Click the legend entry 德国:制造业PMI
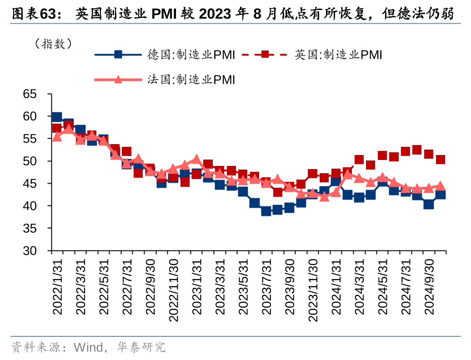tap(191, 55)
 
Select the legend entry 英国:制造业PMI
tap(338, 55)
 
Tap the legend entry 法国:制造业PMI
tap(191, 80)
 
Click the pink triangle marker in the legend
tap(118, 80)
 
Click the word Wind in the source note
tap(88, 348)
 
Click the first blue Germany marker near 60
tap(57, 117)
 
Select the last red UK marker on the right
tap(440, 160)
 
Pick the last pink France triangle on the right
tap(440, 186)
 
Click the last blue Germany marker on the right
tap(440, 195)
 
